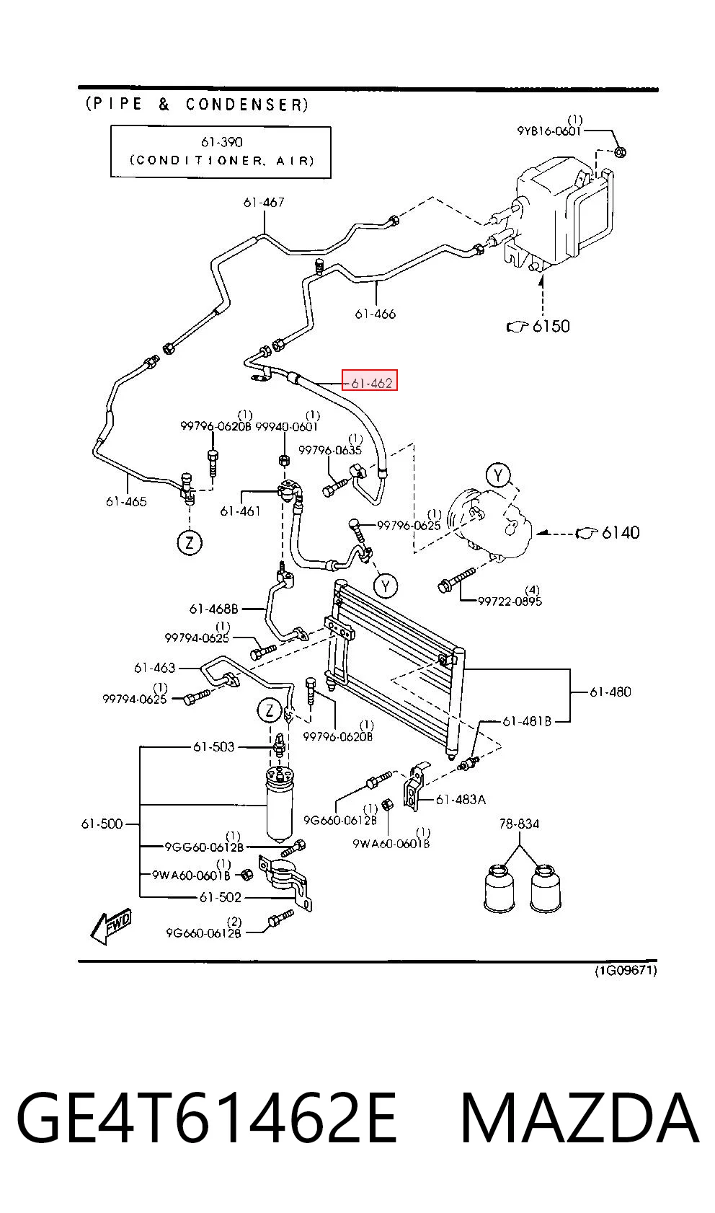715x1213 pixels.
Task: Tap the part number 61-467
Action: click(264, 202)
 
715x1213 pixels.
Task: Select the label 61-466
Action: click(375, 314)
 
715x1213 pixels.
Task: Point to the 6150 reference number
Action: click(551, 326)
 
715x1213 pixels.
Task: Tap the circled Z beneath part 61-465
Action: click(190, 542)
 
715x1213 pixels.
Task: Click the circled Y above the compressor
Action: click(498, 475)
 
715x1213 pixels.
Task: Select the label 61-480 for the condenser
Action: click(610, 692)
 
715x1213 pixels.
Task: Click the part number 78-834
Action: click(519, 824)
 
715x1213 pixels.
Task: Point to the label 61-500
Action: click(102, 824)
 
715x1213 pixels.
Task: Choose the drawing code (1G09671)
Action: click(626, 970)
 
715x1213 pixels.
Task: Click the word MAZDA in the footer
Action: click(580, 1118)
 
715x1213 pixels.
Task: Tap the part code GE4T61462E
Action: click(207, 1118)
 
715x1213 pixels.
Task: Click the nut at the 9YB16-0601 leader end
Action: click(621, 151)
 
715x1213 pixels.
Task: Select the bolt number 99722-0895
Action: click(510, 601)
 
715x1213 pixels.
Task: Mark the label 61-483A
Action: click(461, 799)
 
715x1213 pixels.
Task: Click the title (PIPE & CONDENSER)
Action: click(197, 104)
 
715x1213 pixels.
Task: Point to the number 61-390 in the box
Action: click(221, 142)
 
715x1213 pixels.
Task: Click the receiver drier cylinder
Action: click(279, 806)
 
